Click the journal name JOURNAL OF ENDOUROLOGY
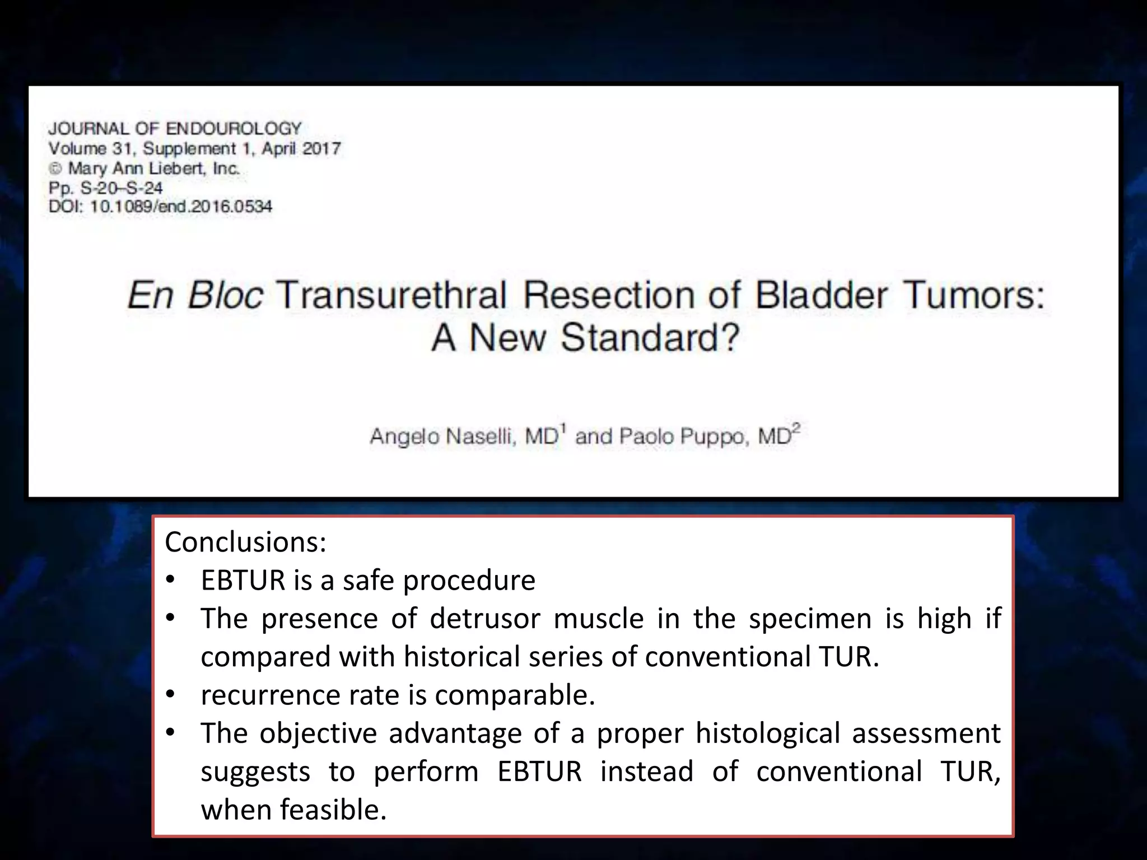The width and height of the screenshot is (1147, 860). point(175,129)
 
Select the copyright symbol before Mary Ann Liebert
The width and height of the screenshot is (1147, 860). point(55,169)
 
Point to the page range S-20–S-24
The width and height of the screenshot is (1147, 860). point(122,188)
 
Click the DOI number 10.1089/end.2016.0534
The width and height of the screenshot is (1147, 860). point(181,207)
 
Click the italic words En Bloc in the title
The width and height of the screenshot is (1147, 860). point(194,295)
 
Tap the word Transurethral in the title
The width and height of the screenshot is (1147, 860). point(391,295)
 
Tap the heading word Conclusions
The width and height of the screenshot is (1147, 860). point(245,542)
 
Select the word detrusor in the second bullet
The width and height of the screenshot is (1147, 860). point(485,619)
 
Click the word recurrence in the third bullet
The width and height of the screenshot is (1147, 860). point(269,695)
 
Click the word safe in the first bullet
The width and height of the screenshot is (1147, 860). point(368,580)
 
